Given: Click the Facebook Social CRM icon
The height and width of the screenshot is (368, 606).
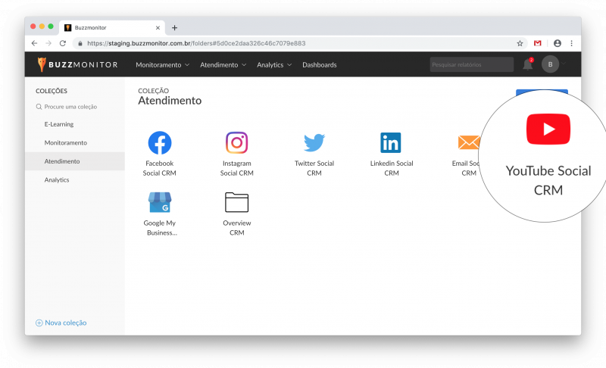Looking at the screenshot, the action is click(160, 142).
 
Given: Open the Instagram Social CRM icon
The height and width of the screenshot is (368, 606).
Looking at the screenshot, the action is click(236, 142).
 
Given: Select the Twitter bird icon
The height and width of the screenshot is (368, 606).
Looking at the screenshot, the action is click(314, 142).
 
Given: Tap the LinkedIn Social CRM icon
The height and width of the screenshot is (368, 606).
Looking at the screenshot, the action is click(391, 142).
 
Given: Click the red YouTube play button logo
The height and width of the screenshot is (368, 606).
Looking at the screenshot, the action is click(548, 129).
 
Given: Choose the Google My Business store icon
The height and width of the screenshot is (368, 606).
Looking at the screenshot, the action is click(160, 202).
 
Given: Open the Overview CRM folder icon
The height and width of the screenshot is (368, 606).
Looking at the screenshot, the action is click(236, 202).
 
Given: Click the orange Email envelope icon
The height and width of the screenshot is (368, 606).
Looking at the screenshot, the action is click(469, 142).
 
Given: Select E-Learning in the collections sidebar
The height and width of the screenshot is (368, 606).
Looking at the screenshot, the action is click(59, 124).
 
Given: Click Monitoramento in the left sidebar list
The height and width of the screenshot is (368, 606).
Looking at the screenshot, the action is click(66, 143).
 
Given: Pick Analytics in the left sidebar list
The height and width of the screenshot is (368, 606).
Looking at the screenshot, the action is click(57, 180).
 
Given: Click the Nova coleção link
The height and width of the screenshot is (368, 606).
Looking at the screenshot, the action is click(61, 323).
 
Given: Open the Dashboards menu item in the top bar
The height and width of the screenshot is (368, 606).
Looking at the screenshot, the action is click(319, 65).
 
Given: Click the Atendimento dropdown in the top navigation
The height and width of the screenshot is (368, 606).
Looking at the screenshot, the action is click(223, 65).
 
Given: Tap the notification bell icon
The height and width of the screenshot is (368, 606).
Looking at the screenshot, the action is click(527, 64).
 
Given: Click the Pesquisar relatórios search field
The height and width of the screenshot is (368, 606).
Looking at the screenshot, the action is click(471, 64).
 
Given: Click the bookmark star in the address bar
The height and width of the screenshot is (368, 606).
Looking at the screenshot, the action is click(520, 43).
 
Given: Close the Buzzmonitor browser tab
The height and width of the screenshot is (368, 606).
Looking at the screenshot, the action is click(158, 28).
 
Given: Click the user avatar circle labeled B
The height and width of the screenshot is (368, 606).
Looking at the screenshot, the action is click(550, 64).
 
